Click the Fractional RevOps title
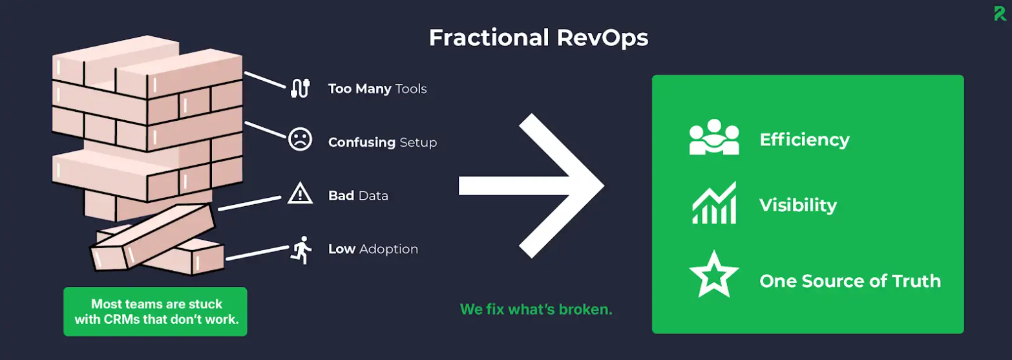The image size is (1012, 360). (x=538, y=38)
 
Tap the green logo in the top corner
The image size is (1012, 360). (x=1001, y=13)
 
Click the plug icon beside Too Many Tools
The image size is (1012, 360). (x=300, y=88)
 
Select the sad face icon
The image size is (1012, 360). (x=300, y=140)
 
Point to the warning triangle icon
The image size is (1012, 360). (x=300, y=193)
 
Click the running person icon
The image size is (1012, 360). (x=301, y=248)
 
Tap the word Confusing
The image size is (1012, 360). (x=361, y=142)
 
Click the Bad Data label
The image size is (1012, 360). (x=358, y=195)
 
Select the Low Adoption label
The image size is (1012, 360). (x=373, y=249)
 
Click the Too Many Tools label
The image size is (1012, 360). (x=377, y=89)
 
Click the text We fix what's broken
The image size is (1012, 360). (x=536, y=309)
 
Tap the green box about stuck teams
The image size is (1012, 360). (x=155, y=312)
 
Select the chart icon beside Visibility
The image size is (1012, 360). (x=713, y=203)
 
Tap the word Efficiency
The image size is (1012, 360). (x=804, y=140)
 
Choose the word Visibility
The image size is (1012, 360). (x=797, y=206)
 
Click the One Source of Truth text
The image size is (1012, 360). (x=850, y=281)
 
